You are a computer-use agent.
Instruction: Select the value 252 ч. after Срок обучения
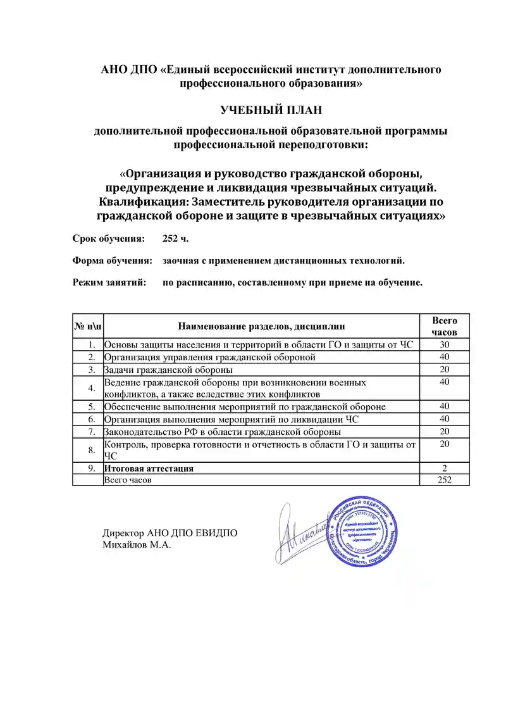click(175, 239)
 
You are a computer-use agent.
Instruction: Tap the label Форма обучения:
click(113, 260)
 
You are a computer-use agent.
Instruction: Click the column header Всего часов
click(444, 326)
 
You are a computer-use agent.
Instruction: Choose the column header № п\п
click(87, 326)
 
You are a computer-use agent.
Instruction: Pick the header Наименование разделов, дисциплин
click(261, 326)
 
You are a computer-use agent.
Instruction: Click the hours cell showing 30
click(444, 344)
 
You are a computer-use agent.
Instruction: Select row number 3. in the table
click(91, 369)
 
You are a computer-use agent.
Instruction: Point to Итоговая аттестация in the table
click(149, 468)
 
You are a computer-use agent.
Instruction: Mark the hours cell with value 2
click(444, 468)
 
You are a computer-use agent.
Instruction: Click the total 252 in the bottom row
click(444, 480)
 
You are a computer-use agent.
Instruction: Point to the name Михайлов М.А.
click(137, 544)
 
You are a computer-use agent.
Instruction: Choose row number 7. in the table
click(91, 432)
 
